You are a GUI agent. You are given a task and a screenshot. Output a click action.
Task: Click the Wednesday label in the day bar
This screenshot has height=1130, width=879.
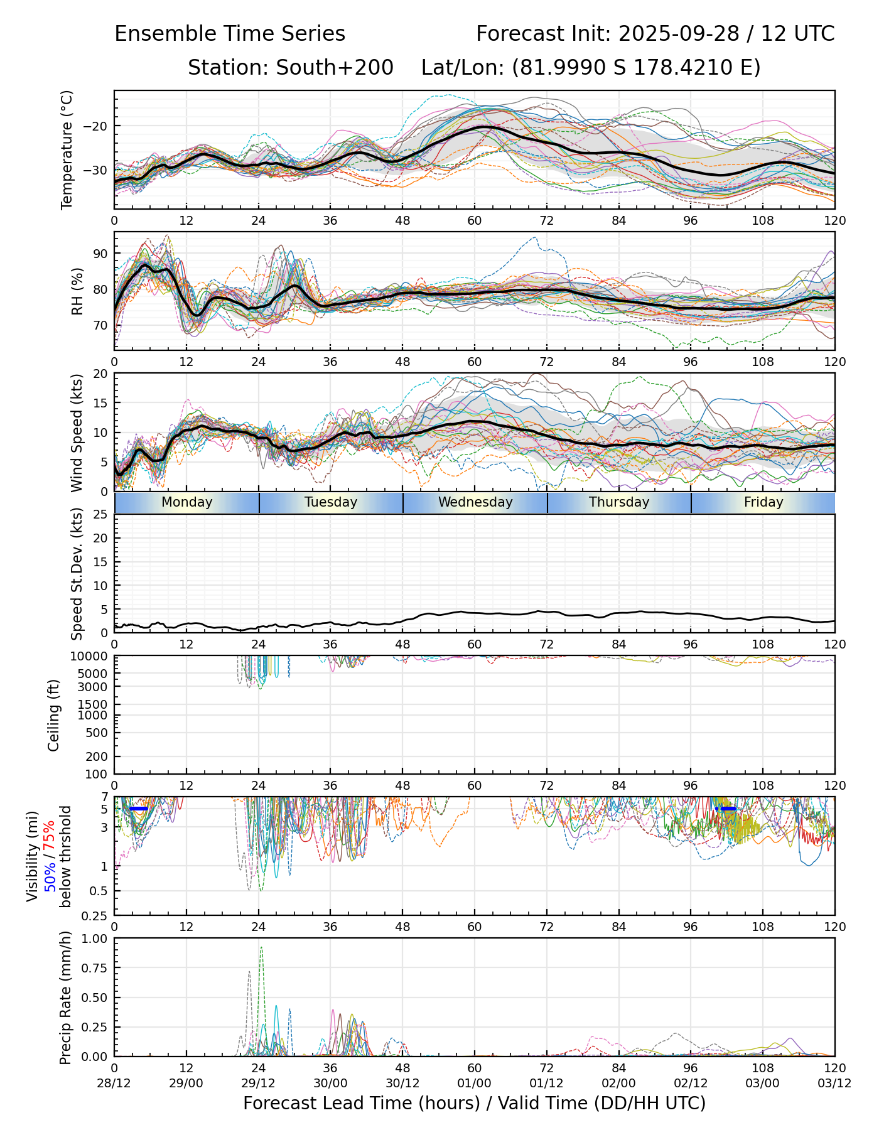[x=475, y=502]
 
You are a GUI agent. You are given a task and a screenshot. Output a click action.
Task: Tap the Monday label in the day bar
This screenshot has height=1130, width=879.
[x=186, y=502]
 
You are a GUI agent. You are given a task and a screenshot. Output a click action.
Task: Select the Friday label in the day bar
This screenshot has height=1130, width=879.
[x=763, y=502]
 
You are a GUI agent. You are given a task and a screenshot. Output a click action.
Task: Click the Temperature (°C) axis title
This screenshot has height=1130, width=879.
[x=67, y=149]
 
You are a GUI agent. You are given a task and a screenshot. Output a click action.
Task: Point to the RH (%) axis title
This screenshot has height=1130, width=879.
[x=77, y=291]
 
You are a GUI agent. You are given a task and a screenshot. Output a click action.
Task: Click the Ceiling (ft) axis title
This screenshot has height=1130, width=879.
[x=55, y=715]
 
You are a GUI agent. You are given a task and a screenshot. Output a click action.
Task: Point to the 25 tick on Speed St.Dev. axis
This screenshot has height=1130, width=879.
[x=101, y=515]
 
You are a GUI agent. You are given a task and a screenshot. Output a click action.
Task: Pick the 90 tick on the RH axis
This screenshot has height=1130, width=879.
[x=101, y=254]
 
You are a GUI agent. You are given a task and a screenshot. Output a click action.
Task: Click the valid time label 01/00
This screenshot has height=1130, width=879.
[x=475, y=1084]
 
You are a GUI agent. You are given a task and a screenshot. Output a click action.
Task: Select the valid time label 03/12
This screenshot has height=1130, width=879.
[x=834, y=1084]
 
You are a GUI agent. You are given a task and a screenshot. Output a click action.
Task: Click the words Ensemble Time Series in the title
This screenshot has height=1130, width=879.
[x=230, y=34]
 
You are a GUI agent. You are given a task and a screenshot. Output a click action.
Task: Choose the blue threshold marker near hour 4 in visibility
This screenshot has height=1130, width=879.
[x=138, y=809]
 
